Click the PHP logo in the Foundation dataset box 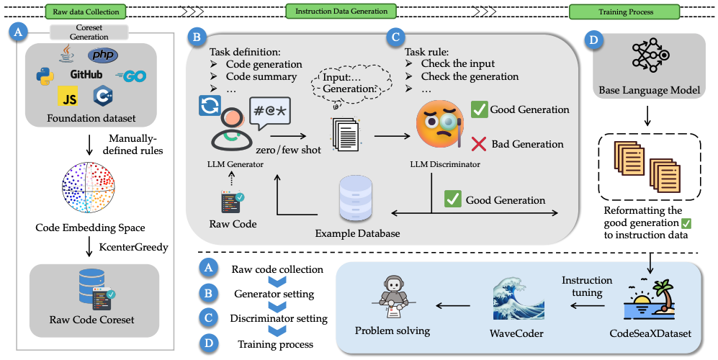104,55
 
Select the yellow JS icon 68,97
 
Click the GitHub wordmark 86,74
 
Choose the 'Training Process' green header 624,12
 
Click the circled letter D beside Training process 208,343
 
